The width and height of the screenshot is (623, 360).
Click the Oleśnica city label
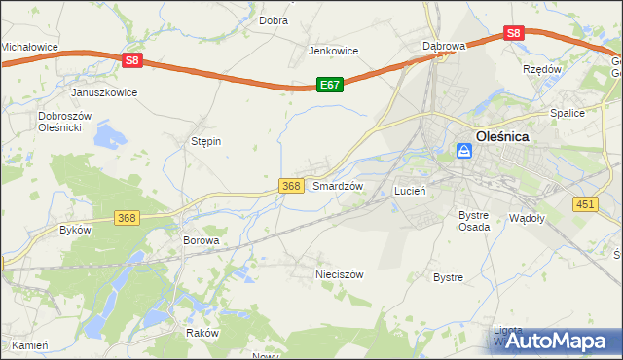tap(502, 137)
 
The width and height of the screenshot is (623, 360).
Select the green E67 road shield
tap(330, 86)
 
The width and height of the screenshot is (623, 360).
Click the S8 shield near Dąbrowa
tap(515, 33)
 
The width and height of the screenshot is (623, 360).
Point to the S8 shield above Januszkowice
tap(133, 60)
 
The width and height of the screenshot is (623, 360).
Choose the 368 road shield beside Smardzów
tap(290, 185)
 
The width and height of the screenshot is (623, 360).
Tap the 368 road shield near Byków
tap(126, 218)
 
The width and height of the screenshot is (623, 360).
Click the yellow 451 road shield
tap(584, 202)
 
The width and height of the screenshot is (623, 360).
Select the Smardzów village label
tap(338, 185)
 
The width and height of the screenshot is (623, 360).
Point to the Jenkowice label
tap(334, 51)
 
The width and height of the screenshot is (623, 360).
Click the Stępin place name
tap(205, 141)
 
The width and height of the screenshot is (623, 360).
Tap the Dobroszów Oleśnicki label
tap(64, 122)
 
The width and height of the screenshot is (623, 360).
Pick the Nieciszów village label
tap(339, 274)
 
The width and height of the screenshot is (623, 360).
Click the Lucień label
tap(410, 192)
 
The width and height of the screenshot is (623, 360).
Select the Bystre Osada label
tap(473, 220)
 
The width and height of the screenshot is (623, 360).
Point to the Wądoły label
tap(528, 218)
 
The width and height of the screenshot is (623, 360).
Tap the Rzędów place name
tap(542, 70)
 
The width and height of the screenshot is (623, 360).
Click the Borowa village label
tap(202, 239)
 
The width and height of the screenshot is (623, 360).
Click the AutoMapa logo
tap(557, 341)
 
